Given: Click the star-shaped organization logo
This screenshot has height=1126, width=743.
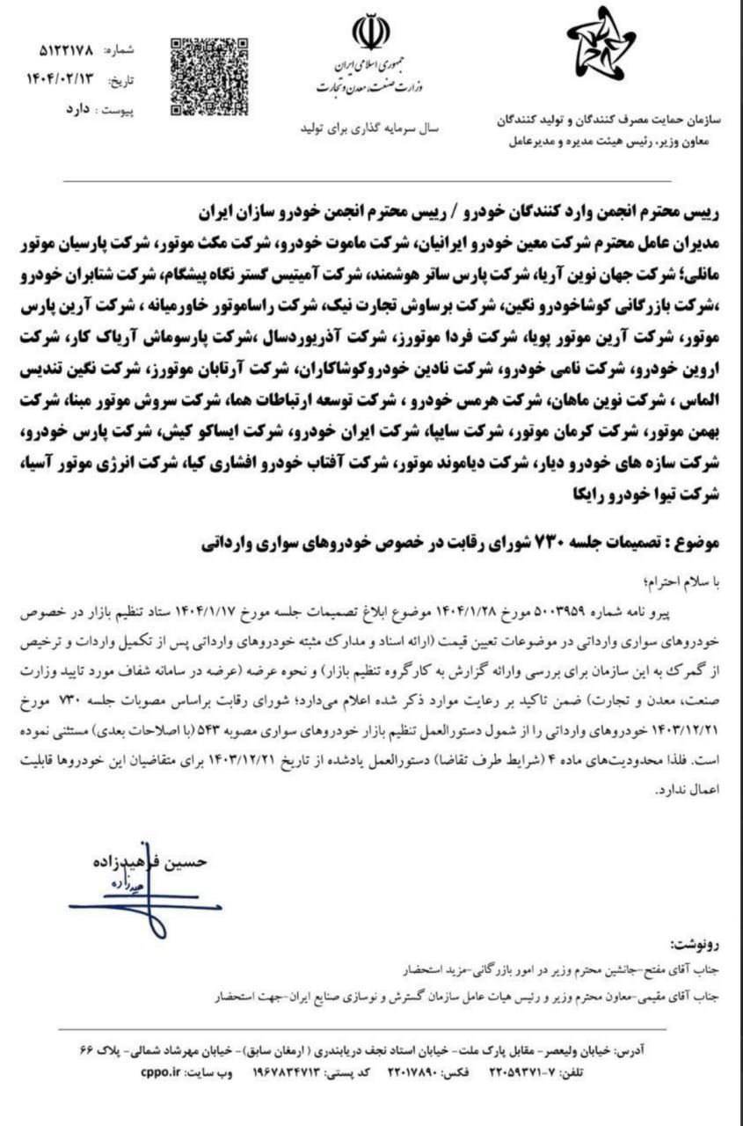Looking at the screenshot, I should [x=601, y=45].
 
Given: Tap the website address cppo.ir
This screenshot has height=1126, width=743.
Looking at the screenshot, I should [x=162, y=1073].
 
